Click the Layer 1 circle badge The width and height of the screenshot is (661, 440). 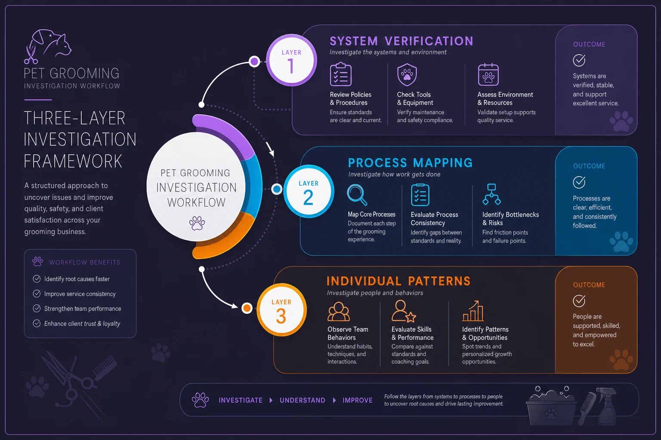pos(291,60)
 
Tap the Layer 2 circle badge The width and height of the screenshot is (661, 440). pos(309,191)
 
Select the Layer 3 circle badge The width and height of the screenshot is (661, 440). pos(281,310)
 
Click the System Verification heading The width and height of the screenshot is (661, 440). pos(402,41)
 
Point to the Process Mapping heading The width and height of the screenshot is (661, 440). pos(410,163)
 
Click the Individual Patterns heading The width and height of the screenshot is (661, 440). pos(398,281)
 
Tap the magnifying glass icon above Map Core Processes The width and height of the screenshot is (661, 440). pos(357,195)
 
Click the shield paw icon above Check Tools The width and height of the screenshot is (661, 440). pos(407,75)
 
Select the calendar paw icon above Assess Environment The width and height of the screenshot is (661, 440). pos(488,75)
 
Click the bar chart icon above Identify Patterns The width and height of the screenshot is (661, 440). pos(473,311)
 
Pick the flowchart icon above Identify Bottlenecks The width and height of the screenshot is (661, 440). pos(491,194)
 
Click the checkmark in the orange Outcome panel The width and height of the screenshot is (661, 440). pos(579,301)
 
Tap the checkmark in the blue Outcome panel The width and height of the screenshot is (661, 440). pos(579,182)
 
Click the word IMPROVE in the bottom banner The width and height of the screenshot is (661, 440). pos(357,400)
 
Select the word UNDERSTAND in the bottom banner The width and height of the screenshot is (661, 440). pos(303,400)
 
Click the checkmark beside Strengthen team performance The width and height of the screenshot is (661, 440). pos(37,308)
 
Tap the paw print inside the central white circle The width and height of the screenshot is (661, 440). pos(197,223)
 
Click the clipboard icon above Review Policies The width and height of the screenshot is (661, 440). pos(341,74)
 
